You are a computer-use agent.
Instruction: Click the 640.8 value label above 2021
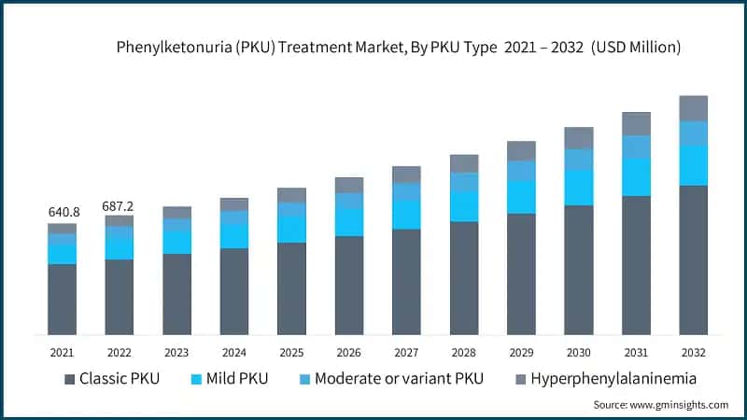[x=63, y=212]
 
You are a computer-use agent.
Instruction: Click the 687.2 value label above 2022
[x=119, y=204]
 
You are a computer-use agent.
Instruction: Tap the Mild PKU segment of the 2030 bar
[x=579, y=188]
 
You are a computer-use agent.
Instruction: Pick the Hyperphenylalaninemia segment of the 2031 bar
[x=636, y=124]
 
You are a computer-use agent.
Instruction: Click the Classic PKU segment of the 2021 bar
[x=63, y=299]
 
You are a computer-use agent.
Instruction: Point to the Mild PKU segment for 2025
[x=292, y=229]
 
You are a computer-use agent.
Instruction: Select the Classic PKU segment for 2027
[x=406, y=282]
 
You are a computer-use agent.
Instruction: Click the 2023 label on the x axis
[x=176, y=352]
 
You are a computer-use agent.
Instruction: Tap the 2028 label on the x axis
[x=464, y=352]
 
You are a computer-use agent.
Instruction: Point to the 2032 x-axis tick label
[x=693, y=352]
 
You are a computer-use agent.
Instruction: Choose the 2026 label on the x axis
[x=349, y=352]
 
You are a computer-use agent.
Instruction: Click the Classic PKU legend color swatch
[x=70, y=379]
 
